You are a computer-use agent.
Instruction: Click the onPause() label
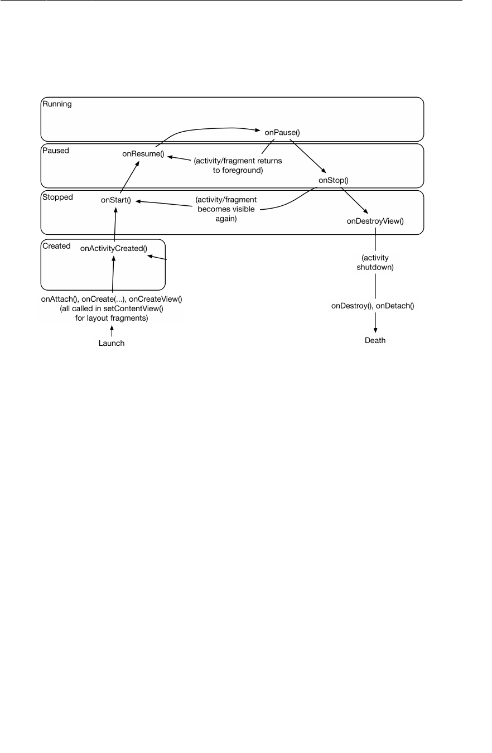[283, 132]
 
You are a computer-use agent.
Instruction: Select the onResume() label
[143, 155]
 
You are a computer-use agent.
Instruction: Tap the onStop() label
[333, 180]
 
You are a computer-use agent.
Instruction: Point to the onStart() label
[116, 200]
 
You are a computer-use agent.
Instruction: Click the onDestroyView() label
[375, 221]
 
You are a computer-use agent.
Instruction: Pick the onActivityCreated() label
[113, 248]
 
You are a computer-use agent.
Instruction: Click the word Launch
[112, 343]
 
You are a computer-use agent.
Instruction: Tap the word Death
[375, 340]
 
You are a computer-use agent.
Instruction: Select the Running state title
[57, 104]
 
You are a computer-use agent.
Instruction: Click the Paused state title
[56, 151]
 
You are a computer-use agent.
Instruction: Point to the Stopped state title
[57, 197]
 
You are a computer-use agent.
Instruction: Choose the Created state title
[57, 246]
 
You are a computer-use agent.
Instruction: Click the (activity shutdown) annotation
[375, 262]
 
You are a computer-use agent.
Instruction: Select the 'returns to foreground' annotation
[238, 166]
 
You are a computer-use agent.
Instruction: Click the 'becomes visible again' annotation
[226, 209]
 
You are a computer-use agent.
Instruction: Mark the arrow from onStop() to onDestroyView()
[354, 201]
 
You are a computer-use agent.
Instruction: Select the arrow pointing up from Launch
[112, 332]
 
